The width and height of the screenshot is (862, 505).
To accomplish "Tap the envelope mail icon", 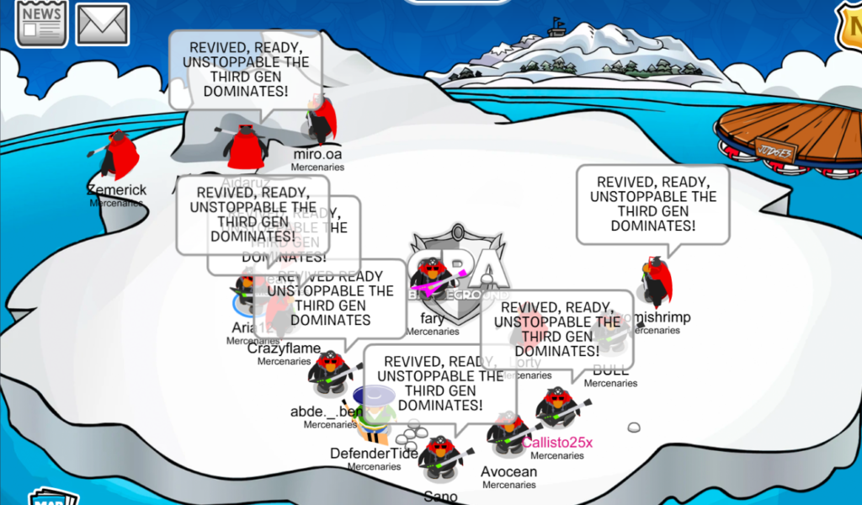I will pos(102,24).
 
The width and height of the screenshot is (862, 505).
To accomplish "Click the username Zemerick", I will pos(117,190).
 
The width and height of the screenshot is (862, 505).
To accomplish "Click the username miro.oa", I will pos(317,154).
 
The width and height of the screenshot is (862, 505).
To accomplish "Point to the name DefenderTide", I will pos(375,454).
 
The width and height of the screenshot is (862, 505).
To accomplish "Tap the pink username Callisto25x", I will pos(557,443).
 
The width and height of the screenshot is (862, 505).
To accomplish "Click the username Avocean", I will pos(508,472).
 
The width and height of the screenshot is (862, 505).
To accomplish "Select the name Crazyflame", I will pos(284,348).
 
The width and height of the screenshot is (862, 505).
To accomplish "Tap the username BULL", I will pos(610,371).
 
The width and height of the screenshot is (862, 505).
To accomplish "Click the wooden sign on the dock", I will pos(775,146).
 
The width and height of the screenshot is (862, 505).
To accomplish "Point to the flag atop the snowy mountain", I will pos(556,22).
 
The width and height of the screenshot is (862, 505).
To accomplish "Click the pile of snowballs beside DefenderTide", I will pos(408,434).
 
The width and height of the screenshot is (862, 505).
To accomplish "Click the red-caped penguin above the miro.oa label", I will pos(320,121).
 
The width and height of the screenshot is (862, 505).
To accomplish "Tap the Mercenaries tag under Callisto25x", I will pos(556,455).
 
